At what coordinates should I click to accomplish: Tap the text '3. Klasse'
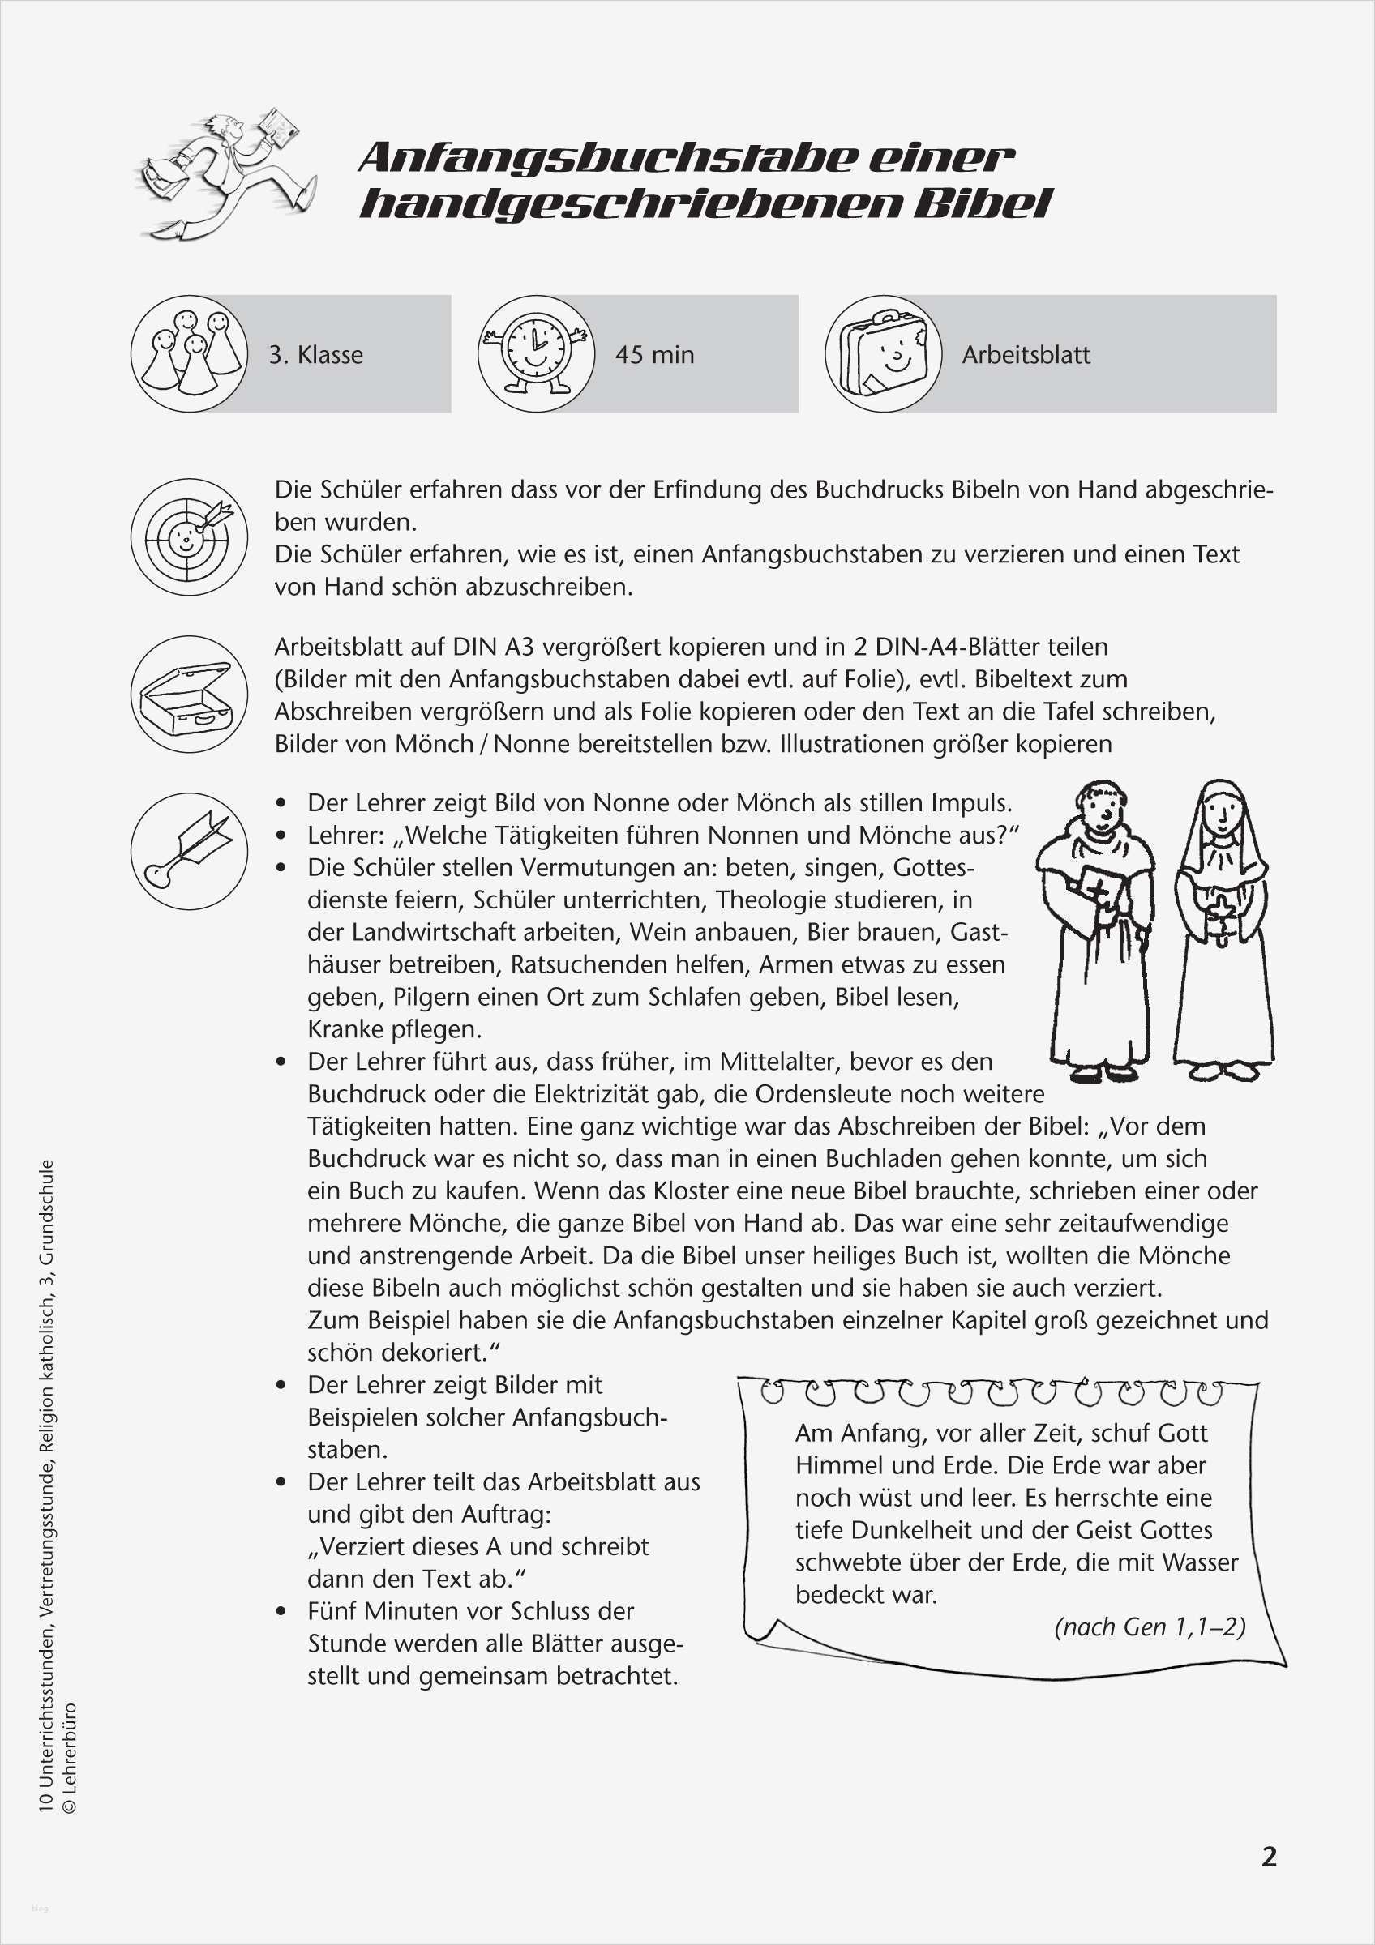point(316,354)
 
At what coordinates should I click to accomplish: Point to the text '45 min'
point(654,354)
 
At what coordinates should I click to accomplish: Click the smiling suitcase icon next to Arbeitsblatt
point(883,353)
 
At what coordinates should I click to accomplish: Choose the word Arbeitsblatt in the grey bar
point(1025,354)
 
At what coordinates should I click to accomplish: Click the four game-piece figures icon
point(189,353)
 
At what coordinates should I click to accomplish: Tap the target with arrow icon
point(189,536)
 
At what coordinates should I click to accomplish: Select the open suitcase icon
point(189,694)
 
